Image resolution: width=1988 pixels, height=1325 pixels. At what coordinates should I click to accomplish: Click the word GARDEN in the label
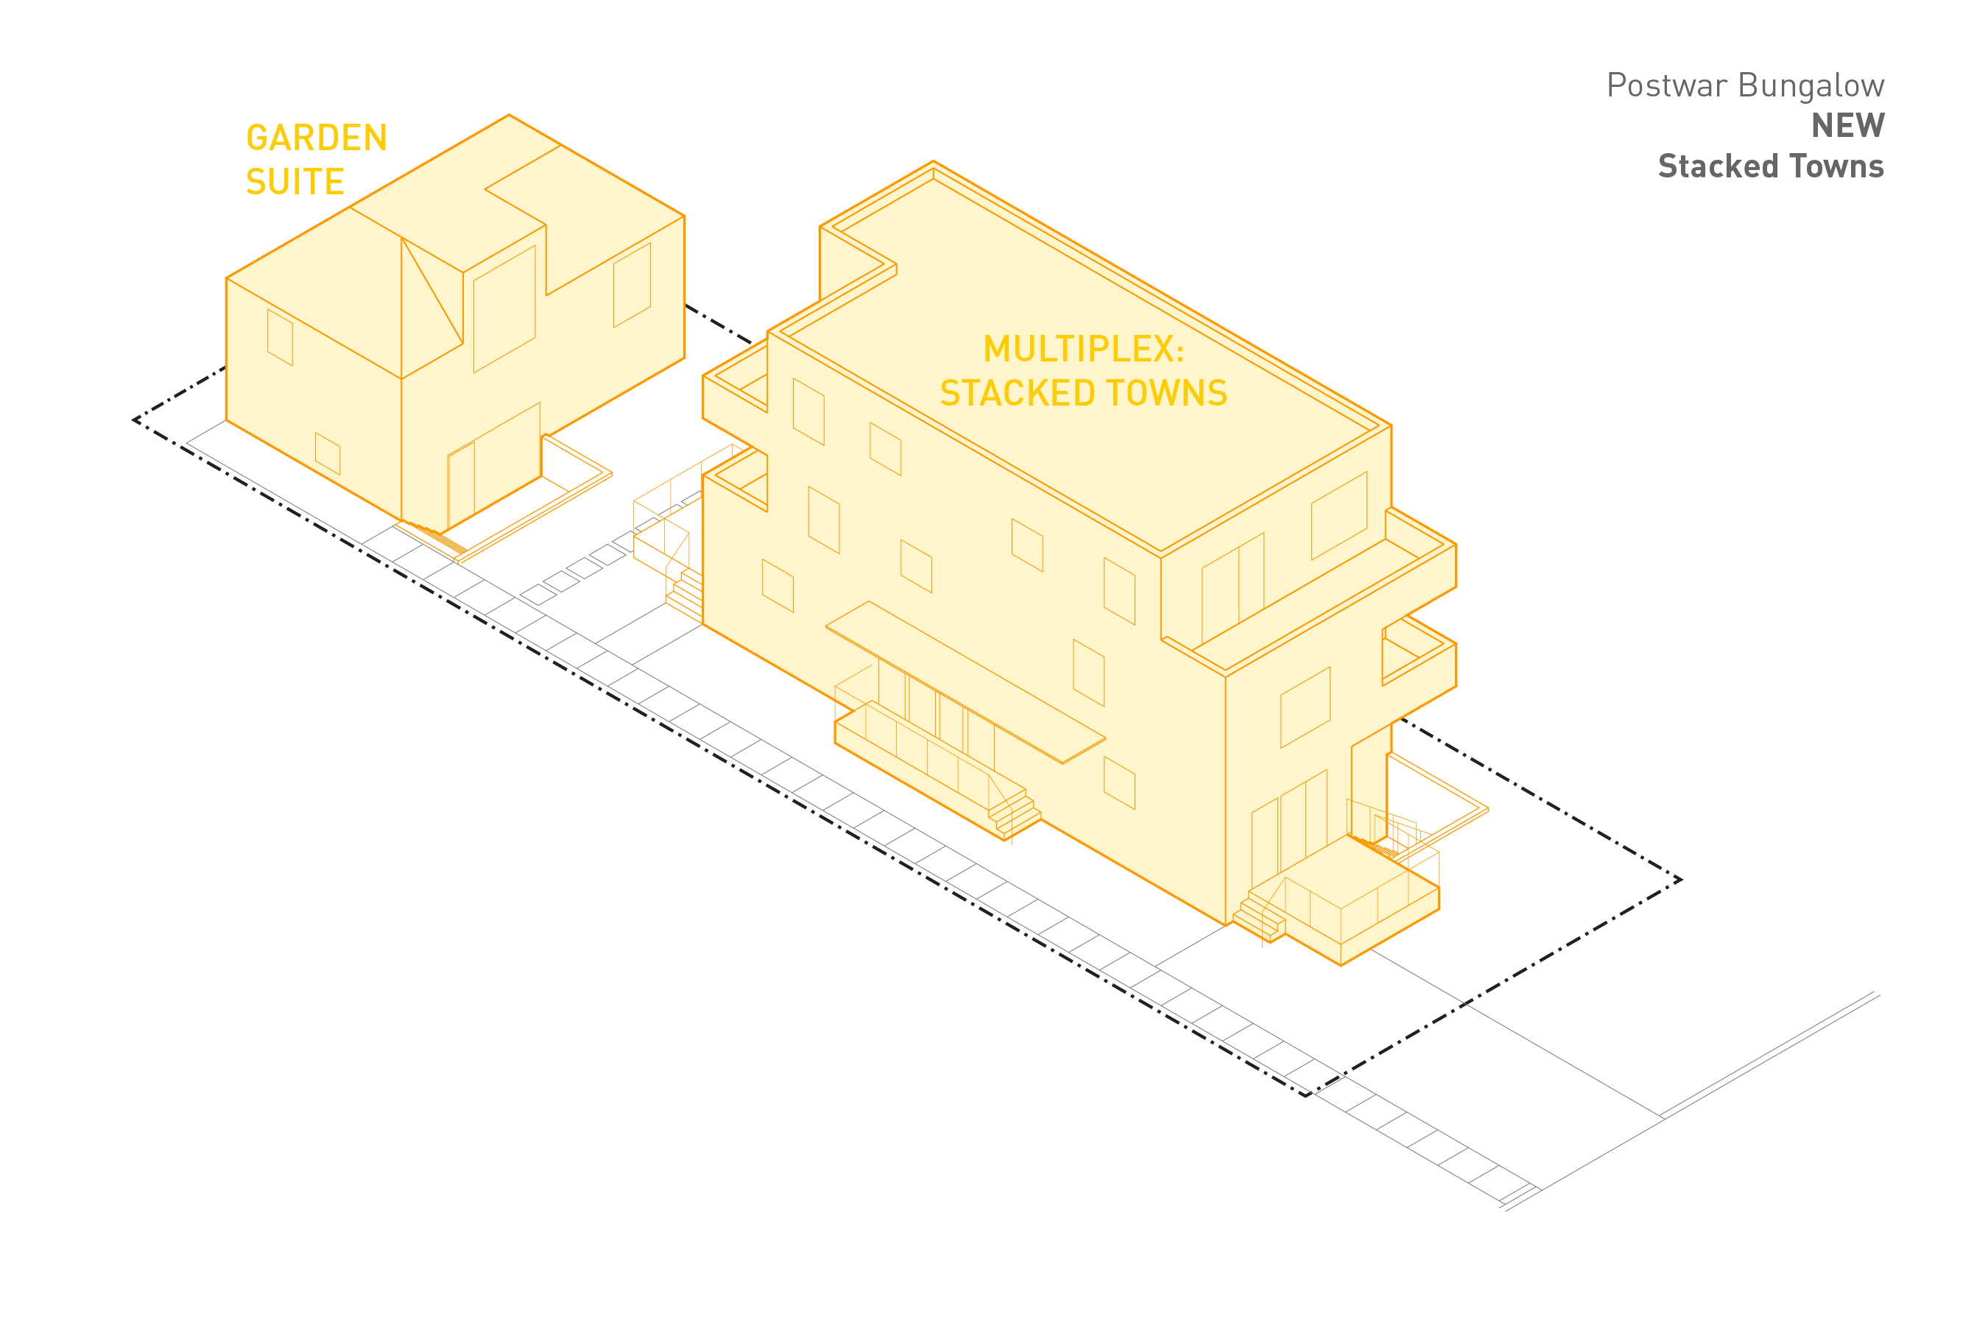coord(316,138)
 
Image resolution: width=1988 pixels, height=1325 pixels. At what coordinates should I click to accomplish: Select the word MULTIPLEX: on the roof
coord(1084,349)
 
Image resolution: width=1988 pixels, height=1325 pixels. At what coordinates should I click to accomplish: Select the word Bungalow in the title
coord(1811,85)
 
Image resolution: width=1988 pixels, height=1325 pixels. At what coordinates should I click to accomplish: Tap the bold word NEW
coord(1847,126)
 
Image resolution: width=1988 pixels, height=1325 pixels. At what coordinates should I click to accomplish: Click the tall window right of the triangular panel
coord(504,308)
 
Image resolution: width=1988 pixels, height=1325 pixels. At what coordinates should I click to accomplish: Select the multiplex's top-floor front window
coord(1339,515)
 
